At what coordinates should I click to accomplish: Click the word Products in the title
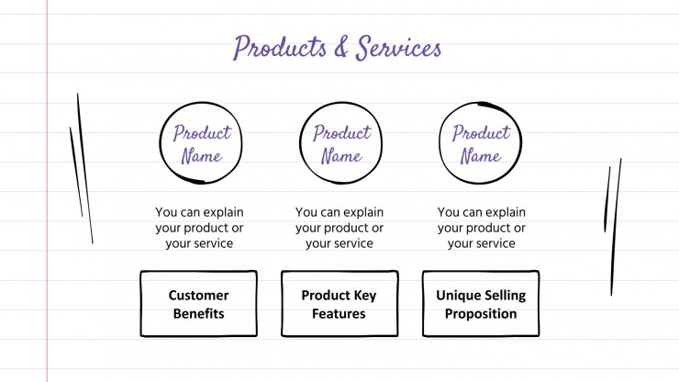point(280,47)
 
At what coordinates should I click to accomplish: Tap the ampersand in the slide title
point(341,48)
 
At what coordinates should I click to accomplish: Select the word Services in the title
point(398,48)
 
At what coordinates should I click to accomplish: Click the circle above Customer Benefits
point(160,143)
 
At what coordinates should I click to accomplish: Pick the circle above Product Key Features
point(300,143)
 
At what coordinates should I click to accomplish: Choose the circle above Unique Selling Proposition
point(440,143)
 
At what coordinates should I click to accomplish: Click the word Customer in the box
point(198,296)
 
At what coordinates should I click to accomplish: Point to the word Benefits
point(199,313)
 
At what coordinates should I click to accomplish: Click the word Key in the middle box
point(365,296)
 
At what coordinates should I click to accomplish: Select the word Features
point(339,313)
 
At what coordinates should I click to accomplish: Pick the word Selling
point(505,296)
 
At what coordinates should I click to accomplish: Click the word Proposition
point(481,314)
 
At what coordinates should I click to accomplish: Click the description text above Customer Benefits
point(199,228)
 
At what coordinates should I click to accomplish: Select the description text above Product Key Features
point(339,228)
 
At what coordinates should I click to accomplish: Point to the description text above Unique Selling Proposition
point(482,228)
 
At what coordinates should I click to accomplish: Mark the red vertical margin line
point(47,191)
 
